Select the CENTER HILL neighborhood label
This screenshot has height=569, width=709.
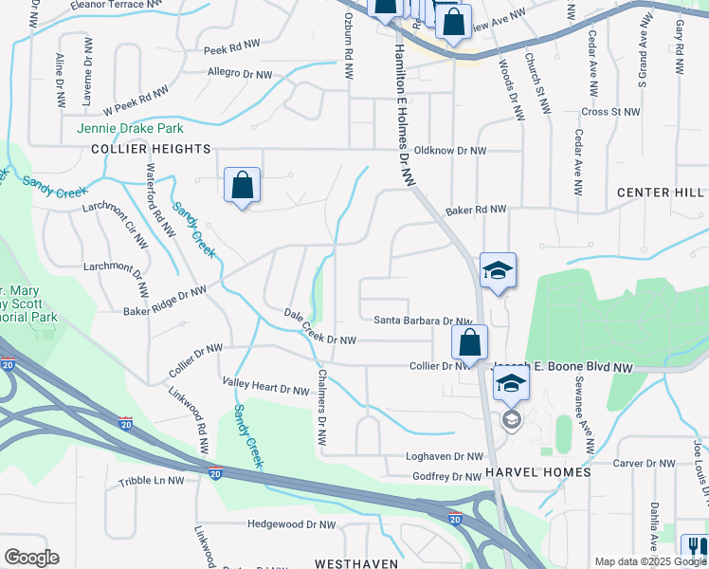coord(662,193)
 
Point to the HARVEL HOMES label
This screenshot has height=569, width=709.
coord(537,472)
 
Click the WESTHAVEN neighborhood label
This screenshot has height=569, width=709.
coord(348,563)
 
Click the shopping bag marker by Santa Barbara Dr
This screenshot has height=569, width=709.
coord(469,342)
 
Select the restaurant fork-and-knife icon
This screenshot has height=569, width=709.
coord(695,548)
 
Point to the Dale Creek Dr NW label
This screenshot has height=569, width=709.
coord(320,327)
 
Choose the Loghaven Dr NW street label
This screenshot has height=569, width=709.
coord(445,456)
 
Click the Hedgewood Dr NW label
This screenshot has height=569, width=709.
coord(291,523)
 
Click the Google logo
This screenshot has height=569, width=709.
coord(31,558)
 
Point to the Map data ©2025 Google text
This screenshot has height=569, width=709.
coord(650,561)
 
